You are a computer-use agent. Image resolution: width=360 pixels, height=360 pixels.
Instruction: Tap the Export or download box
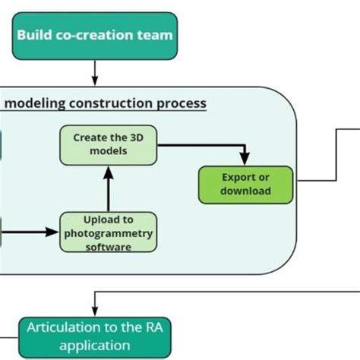coord(245,184)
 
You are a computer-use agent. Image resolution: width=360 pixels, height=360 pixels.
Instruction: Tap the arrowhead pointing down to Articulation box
coord(94,311)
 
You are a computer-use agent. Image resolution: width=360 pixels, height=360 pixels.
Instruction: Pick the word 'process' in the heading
coord(181,103)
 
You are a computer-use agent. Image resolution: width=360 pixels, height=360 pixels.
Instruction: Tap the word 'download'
coord(245,191)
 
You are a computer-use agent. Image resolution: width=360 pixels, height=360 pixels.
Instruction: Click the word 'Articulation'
coord(63,328)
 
